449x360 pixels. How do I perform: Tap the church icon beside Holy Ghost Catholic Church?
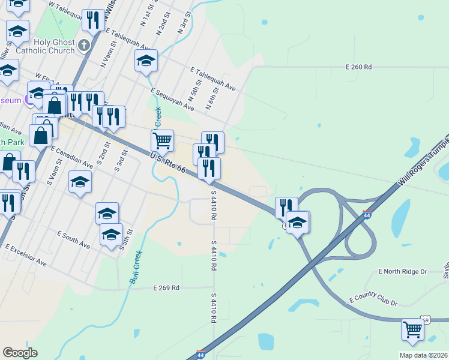coord(83,44)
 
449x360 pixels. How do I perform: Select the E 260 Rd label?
coord(359,67)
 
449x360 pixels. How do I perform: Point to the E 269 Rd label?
coord(166,288)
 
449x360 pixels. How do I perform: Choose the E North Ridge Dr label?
coord(402,272)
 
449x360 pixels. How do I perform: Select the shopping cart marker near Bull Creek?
coord(162,142)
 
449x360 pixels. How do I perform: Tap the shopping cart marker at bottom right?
coord(412,331)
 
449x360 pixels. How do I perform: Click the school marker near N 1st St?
coord(146,61)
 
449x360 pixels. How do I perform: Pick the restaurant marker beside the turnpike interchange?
coord(286,208)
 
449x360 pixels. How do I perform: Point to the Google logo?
coord(20,353)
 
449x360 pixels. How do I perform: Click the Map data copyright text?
coord(423,355)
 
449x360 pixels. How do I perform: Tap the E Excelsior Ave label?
coord(26,256)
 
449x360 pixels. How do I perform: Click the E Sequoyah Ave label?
coord(173,100)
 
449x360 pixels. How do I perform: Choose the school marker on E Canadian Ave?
coord(80,182)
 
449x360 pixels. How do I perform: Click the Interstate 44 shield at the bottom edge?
coord(202,355)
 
